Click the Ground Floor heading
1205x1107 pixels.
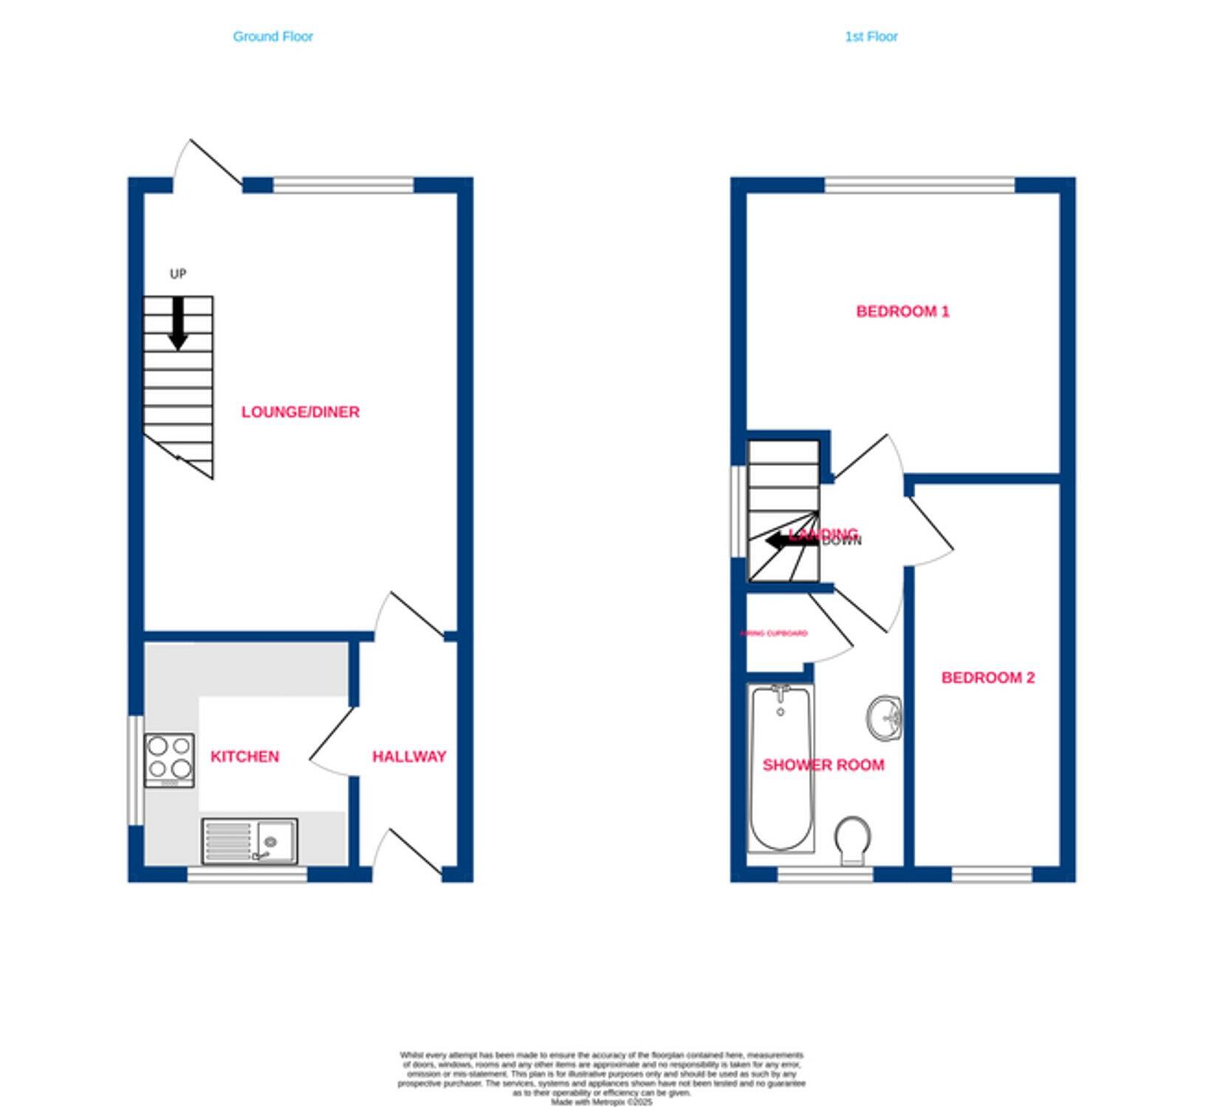tap(272, 36)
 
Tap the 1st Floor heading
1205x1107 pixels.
tap(871, 36)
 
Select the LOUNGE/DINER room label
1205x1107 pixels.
tap(301, 412)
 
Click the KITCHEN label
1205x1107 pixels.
tap(244, 756)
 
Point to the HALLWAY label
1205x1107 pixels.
tap(409, 756)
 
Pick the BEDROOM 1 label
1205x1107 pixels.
tap(902, 311)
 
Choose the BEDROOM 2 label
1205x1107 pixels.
tap(988, 677)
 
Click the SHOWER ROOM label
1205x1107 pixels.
tap(823, 765)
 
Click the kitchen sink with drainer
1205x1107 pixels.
tap(250, 841)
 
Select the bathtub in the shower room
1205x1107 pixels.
tap(780, 768)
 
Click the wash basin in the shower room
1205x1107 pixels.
tap(885, 717)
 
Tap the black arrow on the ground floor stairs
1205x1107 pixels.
tap(178, 323)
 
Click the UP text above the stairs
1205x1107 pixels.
tap(178, 274)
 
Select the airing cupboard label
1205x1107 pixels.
tap(774, 633)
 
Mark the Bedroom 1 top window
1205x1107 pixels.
tap(919, 184)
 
